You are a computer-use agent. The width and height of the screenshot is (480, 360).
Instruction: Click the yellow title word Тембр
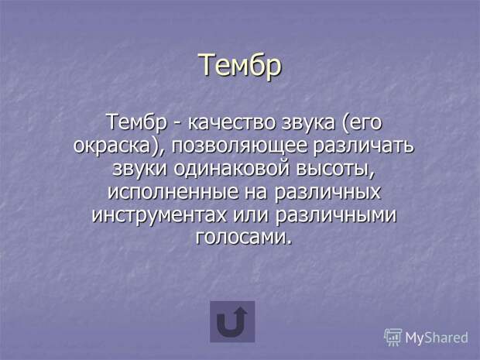point(240,65)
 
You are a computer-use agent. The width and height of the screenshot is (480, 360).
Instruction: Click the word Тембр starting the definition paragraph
point(136,123)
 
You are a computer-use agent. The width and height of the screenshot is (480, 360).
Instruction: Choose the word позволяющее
point(239,146)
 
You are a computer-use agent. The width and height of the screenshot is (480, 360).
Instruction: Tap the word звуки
point(139,168)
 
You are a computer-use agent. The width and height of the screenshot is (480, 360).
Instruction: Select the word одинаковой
point(231,168)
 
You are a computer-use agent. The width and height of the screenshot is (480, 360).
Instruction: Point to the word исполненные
point(173,192)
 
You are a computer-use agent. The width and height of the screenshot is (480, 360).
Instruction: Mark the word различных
point(327,192)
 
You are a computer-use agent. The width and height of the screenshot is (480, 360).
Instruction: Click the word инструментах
point(159,215)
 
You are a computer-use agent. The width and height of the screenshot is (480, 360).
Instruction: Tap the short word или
point(250,214)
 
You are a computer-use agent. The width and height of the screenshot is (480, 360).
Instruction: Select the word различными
point(335,215)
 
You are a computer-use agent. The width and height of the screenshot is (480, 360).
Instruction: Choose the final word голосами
point(243,238)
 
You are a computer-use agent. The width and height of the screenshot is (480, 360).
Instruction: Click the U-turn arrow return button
point(232,322)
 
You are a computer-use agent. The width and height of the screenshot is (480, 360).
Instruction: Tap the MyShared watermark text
point(437,338)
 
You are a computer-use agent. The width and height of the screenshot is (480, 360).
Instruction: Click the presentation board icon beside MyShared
point(393,337)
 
